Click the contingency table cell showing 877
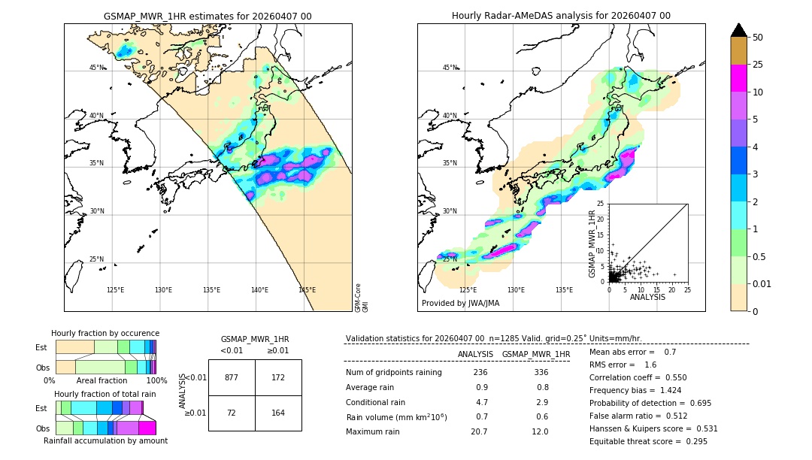coord(232,377)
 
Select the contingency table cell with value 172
coord(278,377)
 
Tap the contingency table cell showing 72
coord(232,413)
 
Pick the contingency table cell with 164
coord(278,413)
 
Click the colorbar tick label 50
coord(758,37)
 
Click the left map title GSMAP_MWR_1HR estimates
coord(208,16)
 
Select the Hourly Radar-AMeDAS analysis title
coord(561,16)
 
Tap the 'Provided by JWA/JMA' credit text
coord(460,303)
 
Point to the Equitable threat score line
coord(648,441)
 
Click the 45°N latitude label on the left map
coord(97,68)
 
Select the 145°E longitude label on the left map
coord(307,290)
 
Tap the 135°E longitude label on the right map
coord(564,290)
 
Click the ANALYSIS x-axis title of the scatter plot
coord(648,297)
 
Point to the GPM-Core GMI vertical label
coord(361,298)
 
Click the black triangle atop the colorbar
coord(739,30)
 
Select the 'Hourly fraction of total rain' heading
coord(105,394)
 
